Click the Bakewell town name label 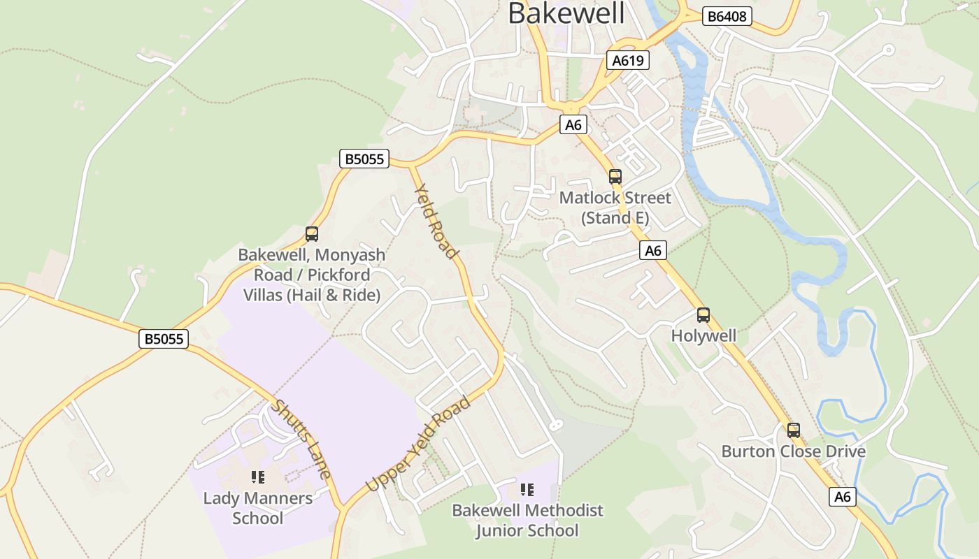(x=566, y=13)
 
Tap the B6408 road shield (x=727, y=16)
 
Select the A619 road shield (x=627, y=60)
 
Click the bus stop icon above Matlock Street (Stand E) (x=615, y=177)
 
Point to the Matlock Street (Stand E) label (x=615, y=208)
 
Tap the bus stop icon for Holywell (x=703, y=315)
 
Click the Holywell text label (x=703, y=336)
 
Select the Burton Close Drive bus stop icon (x=793, y=430)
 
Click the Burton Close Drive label (x=793, y=451)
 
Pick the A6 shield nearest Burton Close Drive (x=843, y=497)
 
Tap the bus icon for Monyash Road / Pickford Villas (x=312, y=234)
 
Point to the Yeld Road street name (x=436, y=221)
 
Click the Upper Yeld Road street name (x=418, y=444)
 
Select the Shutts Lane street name (x=301, y=439)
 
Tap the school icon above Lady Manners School (x=258, y=477)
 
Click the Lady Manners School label (x=258, y=508)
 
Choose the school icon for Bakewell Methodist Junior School (x=527, y=490)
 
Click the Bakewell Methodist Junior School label (x=527, y=521)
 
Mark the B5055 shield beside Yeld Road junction (x=364, y=159)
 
